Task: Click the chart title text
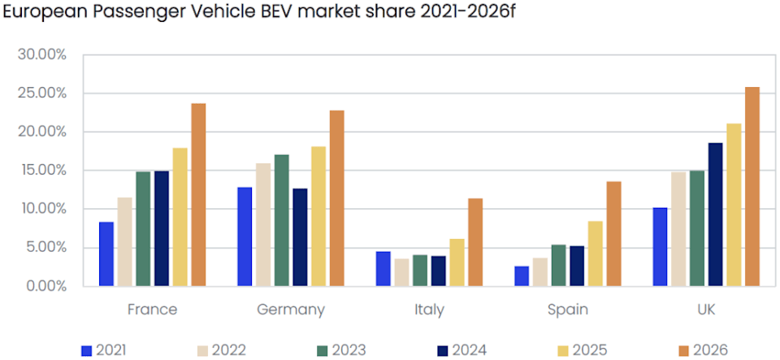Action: (x=260, y=15)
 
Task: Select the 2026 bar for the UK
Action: (x=752, y=187)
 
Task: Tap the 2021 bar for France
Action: (x=106, y=254)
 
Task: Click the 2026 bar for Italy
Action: (x=475, y=242)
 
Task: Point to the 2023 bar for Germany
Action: (x=282, y=220)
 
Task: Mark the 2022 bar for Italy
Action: (x=401, y=272)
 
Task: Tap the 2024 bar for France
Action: (x=162, y=228)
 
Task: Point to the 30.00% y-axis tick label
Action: (x=41, y=54)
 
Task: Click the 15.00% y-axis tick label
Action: (x=41, y=170)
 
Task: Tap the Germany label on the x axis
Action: (x=291, y=310)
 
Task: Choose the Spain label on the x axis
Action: (x=567, y=310)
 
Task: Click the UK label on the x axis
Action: (x=705, y=310)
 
